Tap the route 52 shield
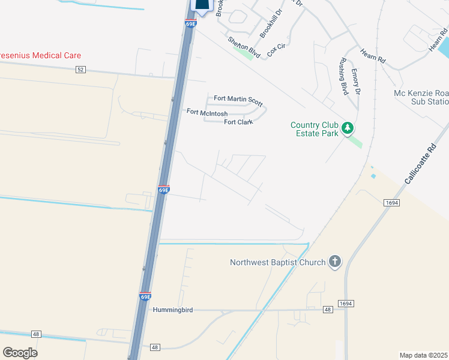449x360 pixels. click(x=81, y=70)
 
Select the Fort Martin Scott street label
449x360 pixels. click(x=238, y=99)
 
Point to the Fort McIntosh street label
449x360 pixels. click(x=206, y=112)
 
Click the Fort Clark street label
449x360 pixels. click(x=238, y=122)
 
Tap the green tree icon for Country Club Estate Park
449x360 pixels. click(x=347, y=128)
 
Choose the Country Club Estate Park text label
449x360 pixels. click(x=314, y=129)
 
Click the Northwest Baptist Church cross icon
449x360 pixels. click(x=335, y=262)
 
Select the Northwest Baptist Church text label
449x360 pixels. click(x=278, y=262)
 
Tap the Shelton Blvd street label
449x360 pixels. click(x=243, y=47)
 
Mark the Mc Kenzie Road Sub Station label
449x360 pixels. click(x=420, y=98)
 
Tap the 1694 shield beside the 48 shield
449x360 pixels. click(x=345, y=304)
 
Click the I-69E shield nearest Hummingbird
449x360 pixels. click(x=145, y=296)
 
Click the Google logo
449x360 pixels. click(x=20, y=353)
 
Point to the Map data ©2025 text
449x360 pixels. click(x=424, y=355)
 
